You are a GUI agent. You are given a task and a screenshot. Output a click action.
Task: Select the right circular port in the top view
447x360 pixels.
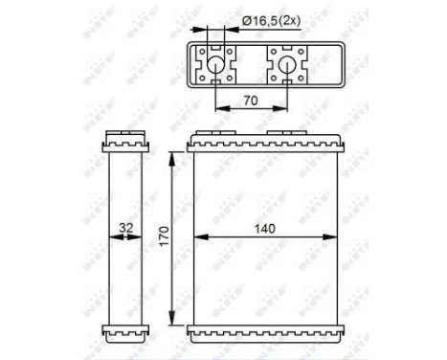[x=285, y=66]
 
